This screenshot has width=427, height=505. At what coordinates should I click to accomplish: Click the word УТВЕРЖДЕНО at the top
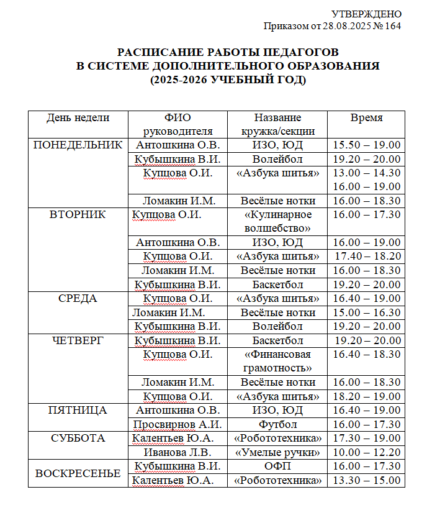[366, 14]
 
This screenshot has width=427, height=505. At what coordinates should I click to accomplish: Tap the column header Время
[366, 117]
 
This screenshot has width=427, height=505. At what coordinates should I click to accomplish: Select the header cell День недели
[78, 117]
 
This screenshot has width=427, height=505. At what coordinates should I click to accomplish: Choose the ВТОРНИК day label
[78, 214]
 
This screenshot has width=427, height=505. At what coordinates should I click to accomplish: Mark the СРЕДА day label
[78, 298]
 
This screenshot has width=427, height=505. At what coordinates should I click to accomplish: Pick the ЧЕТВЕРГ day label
[78, 340]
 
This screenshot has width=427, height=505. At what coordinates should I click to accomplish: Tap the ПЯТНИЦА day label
[78, 410]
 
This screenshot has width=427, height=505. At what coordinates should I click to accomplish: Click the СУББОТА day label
[78, 438]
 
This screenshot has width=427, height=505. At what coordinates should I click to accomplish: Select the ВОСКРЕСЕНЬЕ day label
[78, 473]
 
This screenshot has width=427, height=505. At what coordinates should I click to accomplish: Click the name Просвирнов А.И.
[178, 424]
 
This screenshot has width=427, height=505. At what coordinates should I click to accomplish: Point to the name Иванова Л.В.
[178, 452]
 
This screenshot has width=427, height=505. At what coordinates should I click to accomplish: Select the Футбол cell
[277, 424]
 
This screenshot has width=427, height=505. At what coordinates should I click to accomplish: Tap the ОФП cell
[277, 466]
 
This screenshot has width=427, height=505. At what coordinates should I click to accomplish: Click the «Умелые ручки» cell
[277, 452]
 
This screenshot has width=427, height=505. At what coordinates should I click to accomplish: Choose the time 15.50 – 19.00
[366, 145]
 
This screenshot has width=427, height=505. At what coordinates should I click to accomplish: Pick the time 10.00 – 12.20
[366, 452]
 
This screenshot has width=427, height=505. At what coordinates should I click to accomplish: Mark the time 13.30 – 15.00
[366, 480]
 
